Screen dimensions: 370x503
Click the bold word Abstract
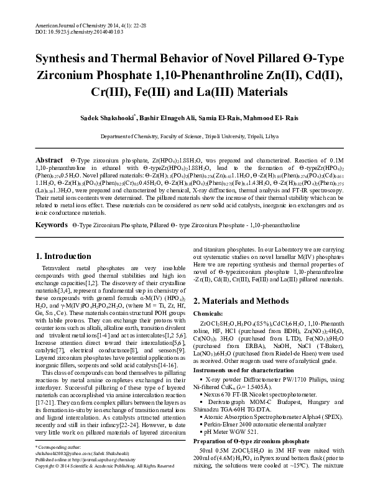point(49,160)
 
